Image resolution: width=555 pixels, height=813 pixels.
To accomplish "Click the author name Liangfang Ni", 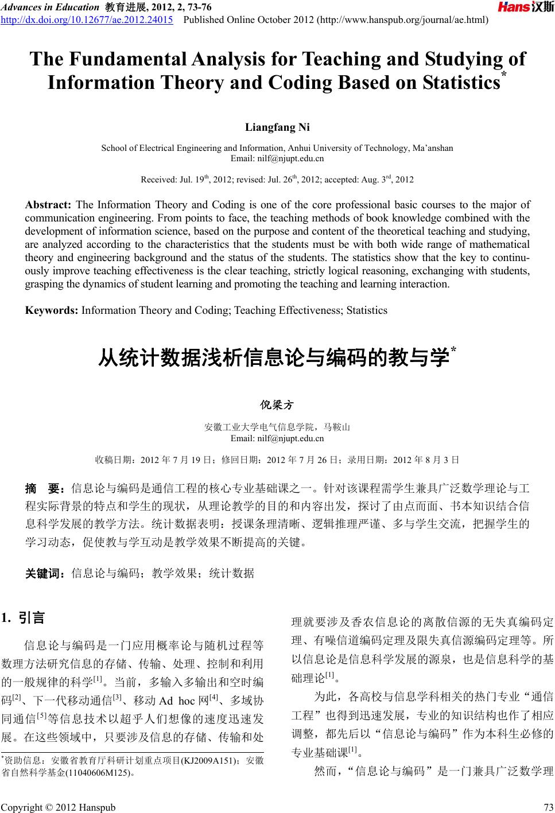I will pyautogui.click(x=277, y=127).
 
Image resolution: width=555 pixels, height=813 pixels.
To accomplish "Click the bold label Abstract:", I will pyautogui.click(x=48, y=205).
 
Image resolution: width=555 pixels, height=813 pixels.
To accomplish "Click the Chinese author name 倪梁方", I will pyautogui.click(x=277, y=405).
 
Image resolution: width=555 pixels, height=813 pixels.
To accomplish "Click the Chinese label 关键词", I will pyautogui.click(x=46, y=572).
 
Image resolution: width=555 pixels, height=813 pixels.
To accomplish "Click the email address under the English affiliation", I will pyautogui.click(x=277, y=158).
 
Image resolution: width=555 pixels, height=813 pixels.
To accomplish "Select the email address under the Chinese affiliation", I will pyautogui.click(x=277, y=438).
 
